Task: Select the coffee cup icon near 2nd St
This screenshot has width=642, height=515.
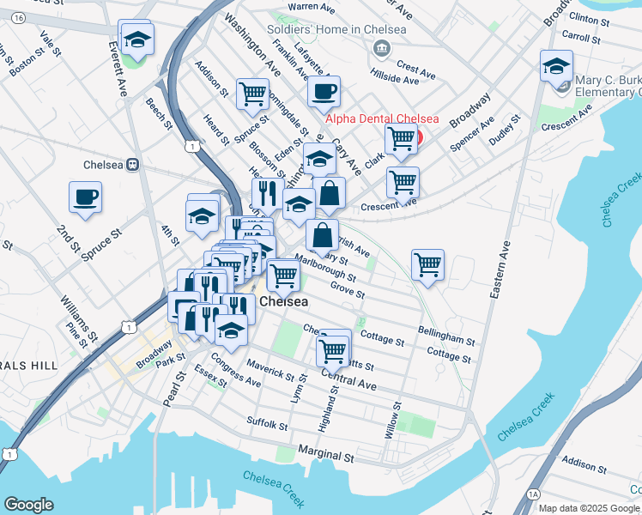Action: pyautogui.click(x=85, y=197)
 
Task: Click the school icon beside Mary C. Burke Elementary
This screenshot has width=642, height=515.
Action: pyautogui.click(x=556, y=65)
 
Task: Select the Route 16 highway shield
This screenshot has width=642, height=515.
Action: pyautogui.click(x=19, y=17)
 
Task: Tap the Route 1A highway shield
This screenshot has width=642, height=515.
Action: pyautogui.click(x=534, y=494)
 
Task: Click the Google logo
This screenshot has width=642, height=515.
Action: pyautogui.click(x=28, y=505)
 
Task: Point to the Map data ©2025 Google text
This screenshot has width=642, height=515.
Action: pyautogui.click(x=590, y=508)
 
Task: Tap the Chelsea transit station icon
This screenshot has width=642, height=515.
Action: pyautogui.click(x=133, y=165)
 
